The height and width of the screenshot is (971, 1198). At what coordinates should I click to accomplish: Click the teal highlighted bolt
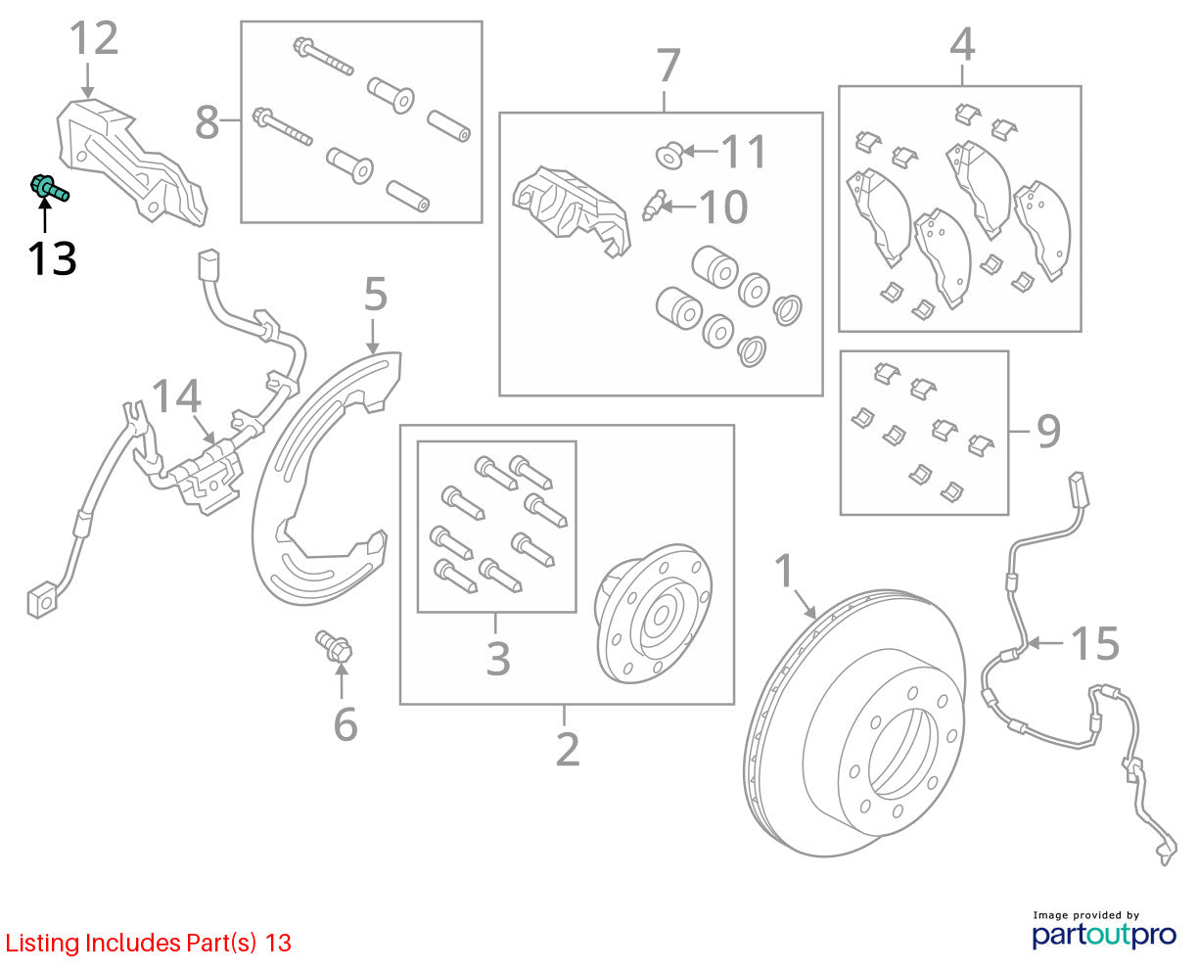point(49,187)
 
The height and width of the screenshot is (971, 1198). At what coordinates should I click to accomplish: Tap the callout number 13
point(52,258)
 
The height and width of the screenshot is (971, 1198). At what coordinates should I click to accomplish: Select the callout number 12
point(93,38)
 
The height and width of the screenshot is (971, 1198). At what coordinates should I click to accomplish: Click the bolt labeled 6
point(334,646)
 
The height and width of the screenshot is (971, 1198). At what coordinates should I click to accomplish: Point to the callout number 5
point(376,294)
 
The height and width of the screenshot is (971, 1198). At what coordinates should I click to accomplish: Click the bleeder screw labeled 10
point(654,206)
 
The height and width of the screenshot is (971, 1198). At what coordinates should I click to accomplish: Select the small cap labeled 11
point(669,155)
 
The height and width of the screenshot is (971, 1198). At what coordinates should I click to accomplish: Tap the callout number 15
point(1095,643)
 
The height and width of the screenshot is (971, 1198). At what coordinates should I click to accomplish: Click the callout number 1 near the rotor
point(783,571)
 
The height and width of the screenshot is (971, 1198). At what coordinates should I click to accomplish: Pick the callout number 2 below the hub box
point(568,750)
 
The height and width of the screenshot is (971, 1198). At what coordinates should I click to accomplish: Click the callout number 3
point(498,658)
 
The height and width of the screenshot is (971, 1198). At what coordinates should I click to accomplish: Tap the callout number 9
point(1048,432)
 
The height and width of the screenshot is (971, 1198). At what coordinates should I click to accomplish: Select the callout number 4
point(962,44)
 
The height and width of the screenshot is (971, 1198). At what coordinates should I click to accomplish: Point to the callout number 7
point(668,65)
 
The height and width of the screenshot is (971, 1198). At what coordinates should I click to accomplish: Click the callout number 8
point(207,122)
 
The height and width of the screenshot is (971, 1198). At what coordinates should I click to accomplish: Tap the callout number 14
point(176,396)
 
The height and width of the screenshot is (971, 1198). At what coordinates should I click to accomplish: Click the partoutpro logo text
point(1104,936)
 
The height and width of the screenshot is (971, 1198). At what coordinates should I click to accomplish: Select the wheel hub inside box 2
point(654,613)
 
